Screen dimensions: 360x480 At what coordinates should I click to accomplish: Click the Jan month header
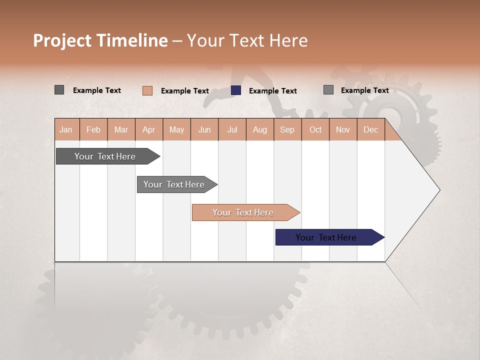coord(66,129)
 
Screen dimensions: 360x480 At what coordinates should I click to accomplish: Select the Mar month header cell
coord(121,129)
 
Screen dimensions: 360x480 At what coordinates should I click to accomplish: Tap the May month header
coord(176,129)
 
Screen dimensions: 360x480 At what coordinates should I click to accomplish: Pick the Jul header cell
coord(232,129)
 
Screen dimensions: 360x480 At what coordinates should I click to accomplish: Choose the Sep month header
coord(287,129)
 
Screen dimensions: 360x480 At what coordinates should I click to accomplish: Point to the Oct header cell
coord(315,129)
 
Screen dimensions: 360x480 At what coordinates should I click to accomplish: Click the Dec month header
coord(370,129)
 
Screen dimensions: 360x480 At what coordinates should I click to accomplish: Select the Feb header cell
coord(93,129)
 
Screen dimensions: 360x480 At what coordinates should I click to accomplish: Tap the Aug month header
coord(259,129)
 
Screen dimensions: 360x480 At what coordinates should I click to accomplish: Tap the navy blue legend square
coord(236,90)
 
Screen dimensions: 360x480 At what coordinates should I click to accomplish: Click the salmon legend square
coord(147,90)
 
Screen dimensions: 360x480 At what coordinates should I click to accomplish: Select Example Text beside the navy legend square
coord(272,91)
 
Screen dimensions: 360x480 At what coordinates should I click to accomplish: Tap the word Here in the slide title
coord(288,40)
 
